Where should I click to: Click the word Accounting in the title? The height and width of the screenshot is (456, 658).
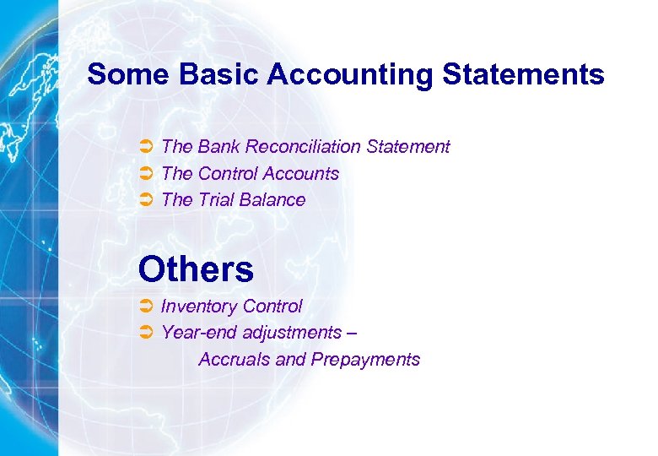pos(350,74)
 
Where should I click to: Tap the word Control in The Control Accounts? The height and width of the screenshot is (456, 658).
pos(228,174)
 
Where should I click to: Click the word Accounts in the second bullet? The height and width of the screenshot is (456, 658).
pos(301,174)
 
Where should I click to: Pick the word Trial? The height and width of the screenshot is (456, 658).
pos(216,200)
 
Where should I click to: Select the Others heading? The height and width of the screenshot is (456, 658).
pos(196,269)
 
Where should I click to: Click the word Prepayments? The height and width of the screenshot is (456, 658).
pos(365,360)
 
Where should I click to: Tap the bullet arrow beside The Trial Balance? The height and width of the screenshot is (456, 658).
pos(145,200)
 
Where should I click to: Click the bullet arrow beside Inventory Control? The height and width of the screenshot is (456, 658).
pos(145,307)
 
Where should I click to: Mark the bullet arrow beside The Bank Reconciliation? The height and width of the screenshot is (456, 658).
pos(145,147)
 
